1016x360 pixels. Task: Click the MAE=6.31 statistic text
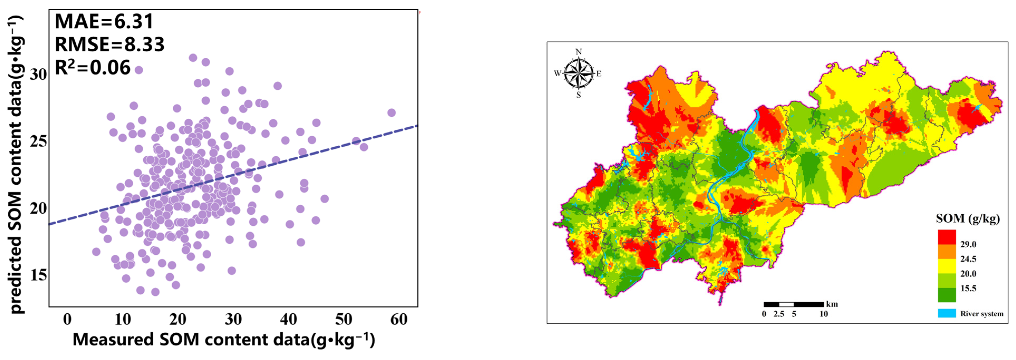pyautogui.click(x=104, y=21)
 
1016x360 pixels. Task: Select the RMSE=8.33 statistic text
pyautogui.click(x=109, y=44)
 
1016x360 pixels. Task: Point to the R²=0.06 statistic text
pyautogui.click(x=92, y=67)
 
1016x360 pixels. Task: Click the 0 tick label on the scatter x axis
pyautogui.click(x=67, y=319)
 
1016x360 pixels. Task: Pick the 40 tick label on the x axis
pyautogui.click(x=288, y=319)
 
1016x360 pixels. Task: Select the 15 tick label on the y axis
pyautogui.click(x=38, y=275)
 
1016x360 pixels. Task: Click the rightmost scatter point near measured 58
pyautogui.click(x=391, y=113)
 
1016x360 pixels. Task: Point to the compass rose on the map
pyautogui.click(x=578, y=73)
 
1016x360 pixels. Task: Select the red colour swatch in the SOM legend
pyautogui.click(x=947, y=237)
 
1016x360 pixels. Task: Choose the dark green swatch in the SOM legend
pyautogui.click(x=947, y=294)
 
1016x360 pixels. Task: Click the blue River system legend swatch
pyautogui.click(x=947, y=313)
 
